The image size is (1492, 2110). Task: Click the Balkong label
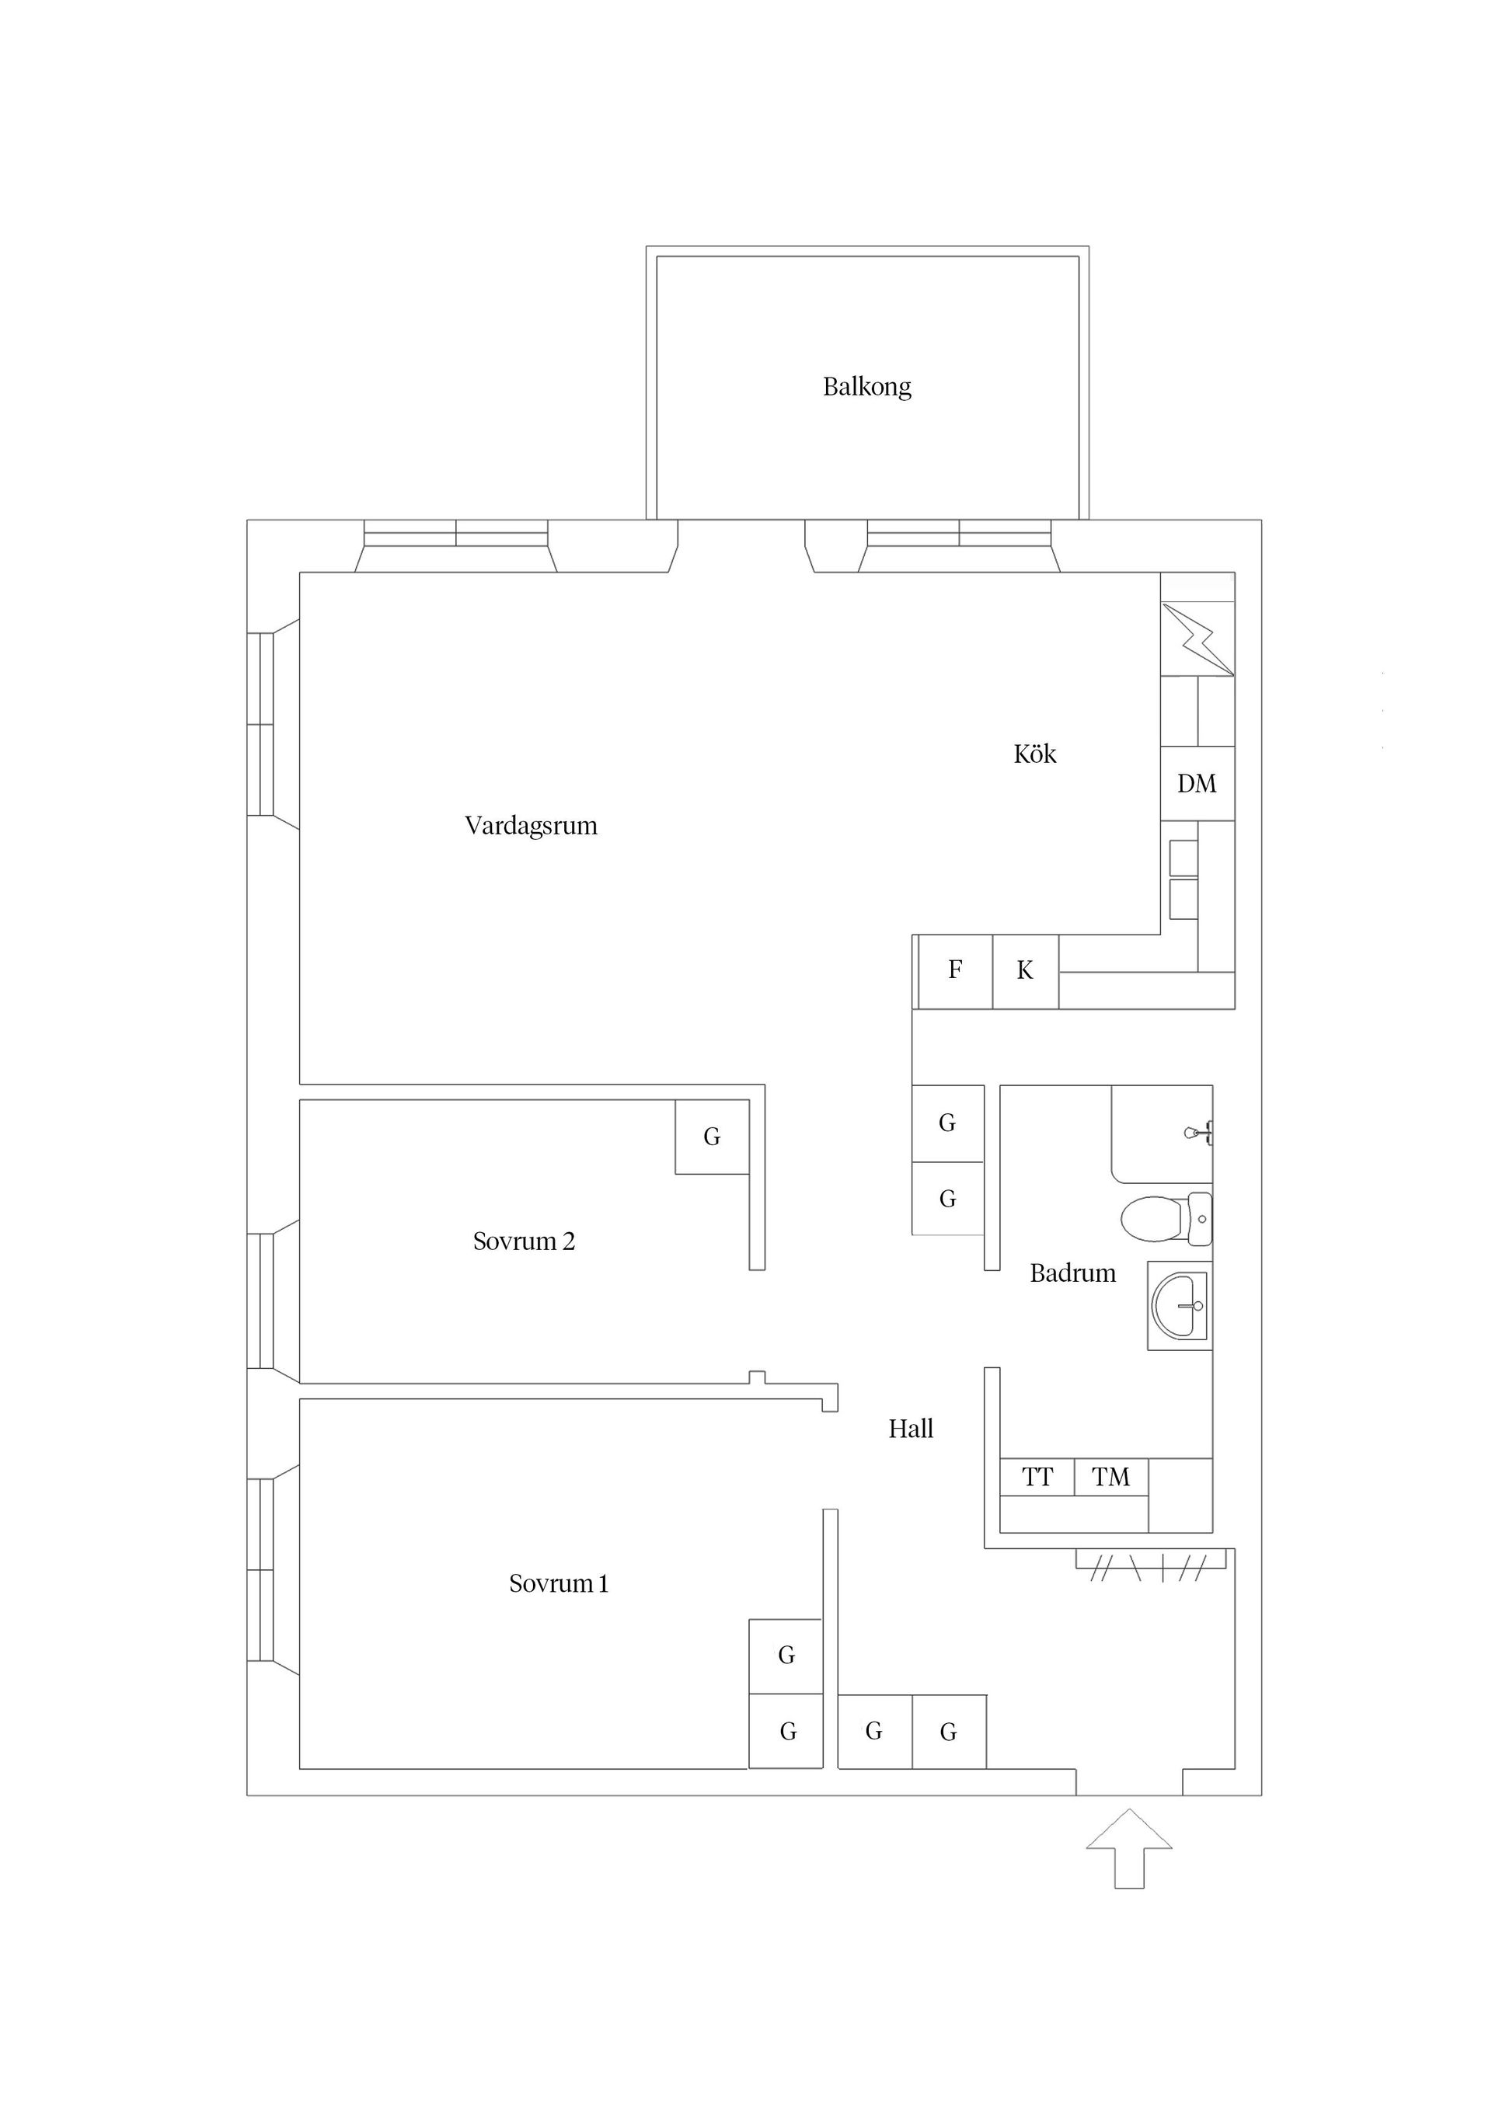[x=867, y=387]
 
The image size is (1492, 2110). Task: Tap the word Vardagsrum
[x=532, y=825]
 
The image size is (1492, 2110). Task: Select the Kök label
[x=1035, y=754]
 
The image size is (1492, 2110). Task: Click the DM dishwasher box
[x=1197, y=783]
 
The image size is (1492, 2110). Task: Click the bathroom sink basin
[x=1180, y=1306]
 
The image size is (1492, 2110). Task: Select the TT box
[x=1037, y=1477]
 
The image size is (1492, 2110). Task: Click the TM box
[x=1110, y=1477]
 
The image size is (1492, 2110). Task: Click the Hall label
[x=911, y=1428]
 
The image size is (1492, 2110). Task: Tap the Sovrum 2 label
[x=524, y=1241]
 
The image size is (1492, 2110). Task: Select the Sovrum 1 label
[x=559, y=1582]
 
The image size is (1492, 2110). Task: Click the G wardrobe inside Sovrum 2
[x=712, y=1137]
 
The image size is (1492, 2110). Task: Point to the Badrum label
[x=1073, y=1273]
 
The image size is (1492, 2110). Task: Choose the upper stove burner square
[x=1183, y=858]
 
